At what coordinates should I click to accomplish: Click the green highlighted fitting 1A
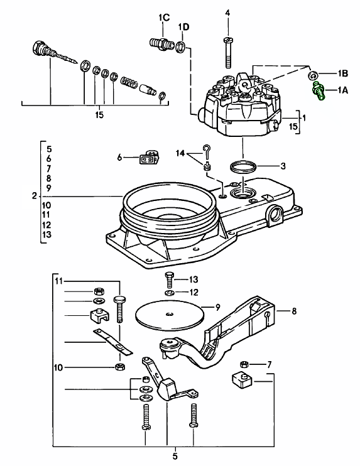tap(319, 91)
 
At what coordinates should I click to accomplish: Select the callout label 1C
tap(163, 18)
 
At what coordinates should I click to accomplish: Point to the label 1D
tap(183, 27)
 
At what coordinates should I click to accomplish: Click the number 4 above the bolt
tap(227, 13)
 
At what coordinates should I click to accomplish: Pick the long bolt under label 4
tap(228, 53)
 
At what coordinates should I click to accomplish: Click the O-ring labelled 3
tap(243, 167)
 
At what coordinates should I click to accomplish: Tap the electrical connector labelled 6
tap(149, 158)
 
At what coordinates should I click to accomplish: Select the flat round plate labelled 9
tap(170, 315)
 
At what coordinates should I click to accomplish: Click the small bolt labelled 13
tap(169, 279)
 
